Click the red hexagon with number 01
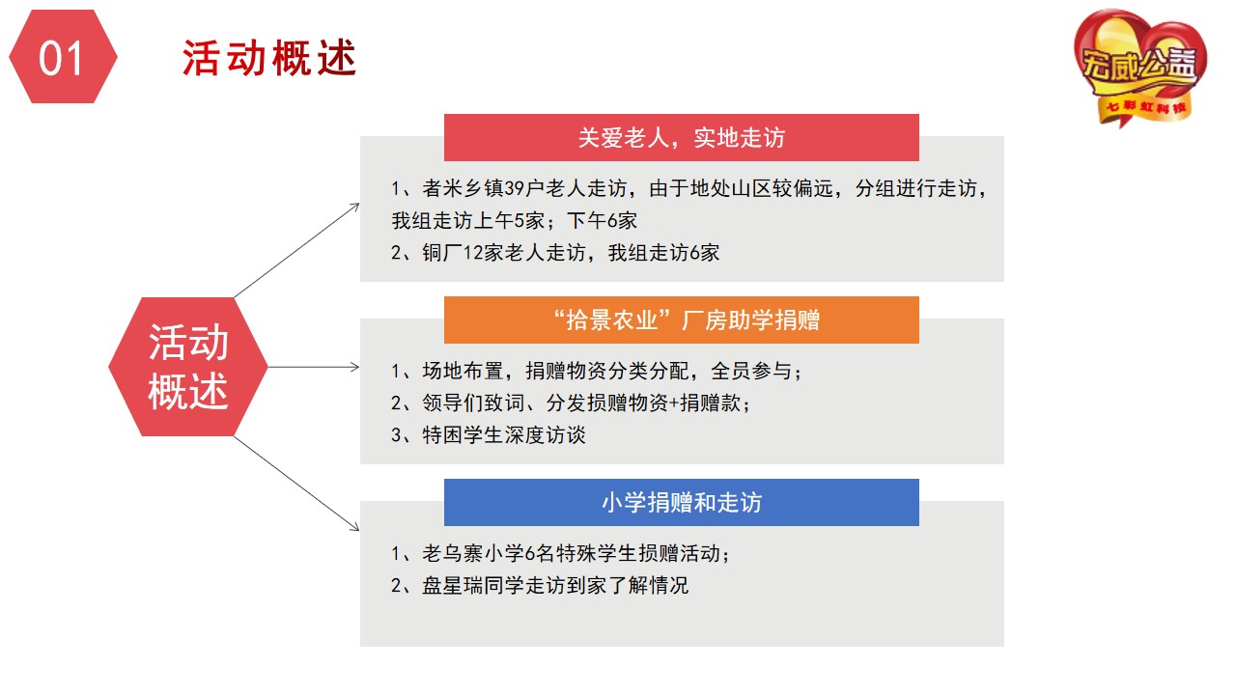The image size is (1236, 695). (63, 56)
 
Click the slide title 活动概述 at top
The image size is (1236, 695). (269, 58)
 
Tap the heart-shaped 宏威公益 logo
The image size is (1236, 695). (1140, 67)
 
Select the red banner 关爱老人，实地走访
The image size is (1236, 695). (682, 137)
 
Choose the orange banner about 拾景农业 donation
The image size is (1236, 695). (682, 320)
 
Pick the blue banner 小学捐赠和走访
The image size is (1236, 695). (682, 503)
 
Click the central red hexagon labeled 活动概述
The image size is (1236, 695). (188, 367)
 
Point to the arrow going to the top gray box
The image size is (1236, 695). (296, 250)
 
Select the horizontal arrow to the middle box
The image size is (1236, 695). (314, 367)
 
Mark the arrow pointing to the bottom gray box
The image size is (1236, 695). (296, 484)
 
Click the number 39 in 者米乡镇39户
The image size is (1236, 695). (515, 188)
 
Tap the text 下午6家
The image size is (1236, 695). (602, 221)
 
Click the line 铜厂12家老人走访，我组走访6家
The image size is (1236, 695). (555, 253)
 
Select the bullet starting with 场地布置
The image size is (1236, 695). (596, 371)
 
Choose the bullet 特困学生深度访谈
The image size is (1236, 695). (489, 435)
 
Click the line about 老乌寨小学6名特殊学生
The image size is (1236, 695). (560, 553)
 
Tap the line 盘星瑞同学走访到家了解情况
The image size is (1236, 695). (540, 585)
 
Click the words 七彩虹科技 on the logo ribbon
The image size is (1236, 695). (1146, 107)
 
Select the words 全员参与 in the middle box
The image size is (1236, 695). (751, 371)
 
